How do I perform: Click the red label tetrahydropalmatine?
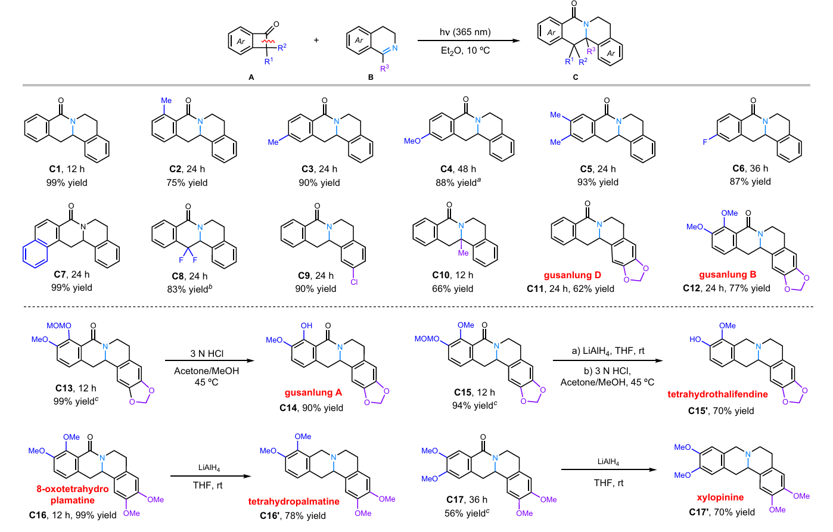294,502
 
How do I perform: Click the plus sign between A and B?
316,40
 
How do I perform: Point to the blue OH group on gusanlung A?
306,326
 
